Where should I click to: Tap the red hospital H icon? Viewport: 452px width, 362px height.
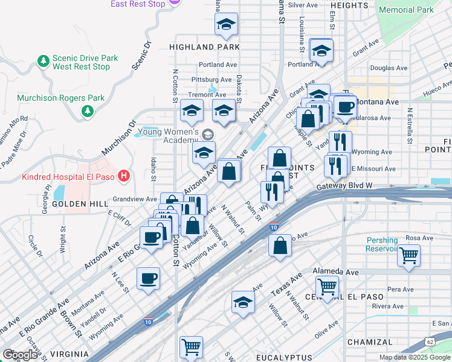[x=124, y=176]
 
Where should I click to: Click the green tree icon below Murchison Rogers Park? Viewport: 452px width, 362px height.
[x=88, y=111]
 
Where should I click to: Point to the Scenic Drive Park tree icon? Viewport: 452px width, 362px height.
[x=43, y=61]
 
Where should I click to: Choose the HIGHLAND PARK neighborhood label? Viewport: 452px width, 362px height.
[x=204, y=46]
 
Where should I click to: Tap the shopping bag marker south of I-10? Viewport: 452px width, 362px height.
[x=280, y=246]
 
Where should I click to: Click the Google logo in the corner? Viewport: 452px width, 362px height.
[x=20, y=355]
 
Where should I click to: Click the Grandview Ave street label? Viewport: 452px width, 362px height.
[x=135, y=198]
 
